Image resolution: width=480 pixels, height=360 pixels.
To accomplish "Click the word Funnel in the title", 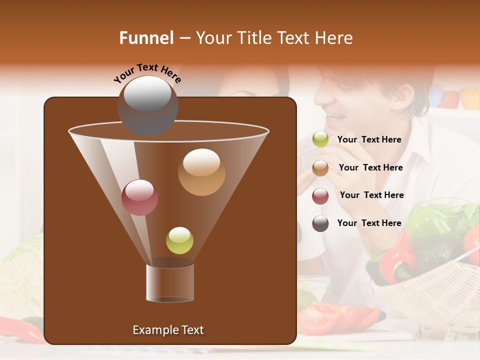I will [x=146, y=38].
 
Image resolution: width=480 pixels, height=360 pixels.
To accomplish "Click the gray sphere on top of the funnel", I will [x=147, y=105].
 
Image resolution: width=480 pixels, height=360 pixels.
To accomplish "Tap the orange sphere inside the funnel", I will [x=201, y=172].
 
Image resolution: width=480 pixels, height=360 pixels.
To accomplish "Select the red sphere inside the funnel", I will [x=139, y=197].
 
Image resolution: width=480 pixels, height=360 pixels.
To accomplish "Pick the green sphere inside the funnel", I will [x=179, y=240].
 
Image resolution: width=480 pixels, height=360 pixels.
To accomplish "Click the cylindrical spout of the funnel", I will [x=170, y=282].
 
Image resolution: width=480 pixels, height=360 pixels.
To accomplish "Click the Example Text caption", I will [x=168, y=330].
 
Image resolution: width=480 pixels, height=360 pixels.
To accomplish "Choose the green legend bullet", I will [x=320, y=140].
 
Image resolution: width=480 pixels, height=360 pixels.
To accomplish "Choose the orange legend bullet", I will [x=320, y=168].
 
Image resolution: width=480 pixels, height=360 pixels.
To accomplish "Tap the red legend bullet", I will [x=320, y=196].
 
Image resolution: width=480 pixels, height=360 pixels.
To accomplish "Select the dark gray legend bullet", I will [x=320, y=223].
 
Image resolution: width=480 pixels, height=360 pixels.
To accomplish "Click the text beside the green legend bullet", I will [x=369, y=140].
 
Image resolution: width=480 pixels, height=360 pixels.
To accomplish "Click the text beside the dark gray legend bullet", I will [x=369, y=223].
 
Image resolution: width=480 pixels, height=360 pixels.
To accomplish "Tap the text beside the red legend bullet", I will [x=371, y=195].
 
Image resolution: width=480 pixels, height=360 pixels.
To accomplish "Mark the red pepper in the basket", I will [x=397, y=260].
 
